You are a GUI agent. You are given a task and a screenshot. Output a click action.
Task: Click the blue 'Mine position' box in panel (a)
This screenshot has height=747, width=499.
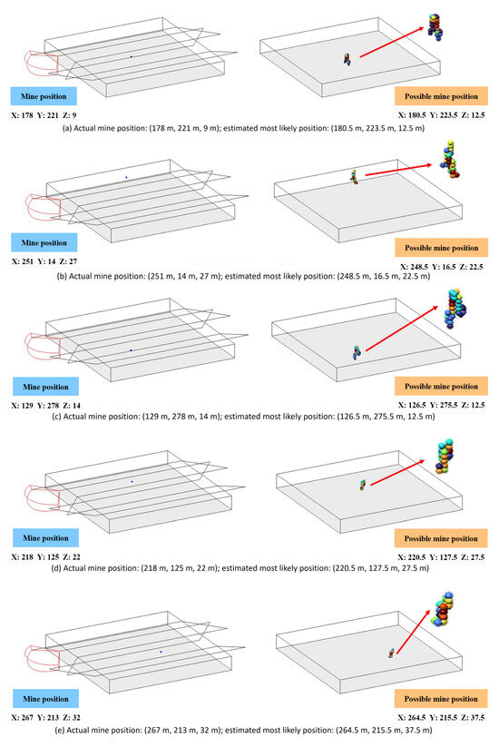click(x=44, y=96)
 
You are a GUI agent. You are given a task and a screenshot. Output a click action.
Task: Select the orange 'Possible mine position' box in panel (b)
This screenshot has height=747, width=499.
click(x=441, y=248)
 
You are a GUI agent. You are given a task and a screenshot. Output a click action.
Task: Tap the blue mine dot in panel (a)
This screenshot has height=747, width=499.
click(x=132, y=56)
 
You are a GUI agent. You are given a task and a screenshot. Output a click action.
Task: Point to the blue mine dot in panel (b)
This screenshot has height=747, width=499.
click(x=126, y=177)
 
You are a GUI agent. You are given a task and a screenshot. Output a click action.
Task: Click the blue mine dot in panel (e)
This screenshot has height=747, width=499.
click(x=161, y=652)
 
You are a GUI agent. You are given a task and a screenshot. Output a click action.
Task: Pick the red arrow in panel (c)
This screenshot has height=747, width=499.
click(x=401, y=329)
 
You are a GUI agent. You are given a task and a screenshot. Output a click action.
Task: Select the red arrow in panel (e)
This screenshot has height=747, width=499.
click(x=413, y=632)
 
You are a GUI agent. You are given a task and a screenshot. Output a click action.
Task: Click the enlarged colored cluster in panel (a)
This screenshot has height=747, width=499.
click(x=435, y=26)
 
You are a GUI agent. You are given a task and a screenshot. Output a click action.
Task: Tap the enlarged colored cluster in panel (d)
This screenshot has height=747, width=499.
click(x=445, y=457)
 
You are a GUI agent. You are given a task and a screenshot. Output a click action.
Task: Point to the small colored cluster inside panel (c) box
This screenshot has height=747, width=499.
click(x=357, y=352)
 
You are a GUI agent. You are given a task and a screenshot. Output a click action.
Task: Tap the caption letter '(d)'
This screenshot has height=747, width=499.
click(x=56, y=568)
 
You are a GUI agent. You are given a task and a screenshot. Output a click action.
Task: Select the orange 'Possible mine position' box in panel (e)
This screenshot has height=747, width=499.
click(x=441, y=699)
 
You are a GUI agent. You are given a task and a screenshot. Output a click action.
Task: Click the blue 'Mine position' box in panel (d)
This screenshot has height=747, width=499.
click(x=45, y=538)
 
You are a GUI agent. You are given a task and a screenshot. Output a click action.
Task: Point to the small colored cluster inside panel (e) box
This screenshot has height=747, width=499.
click(x=391, y=654)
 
